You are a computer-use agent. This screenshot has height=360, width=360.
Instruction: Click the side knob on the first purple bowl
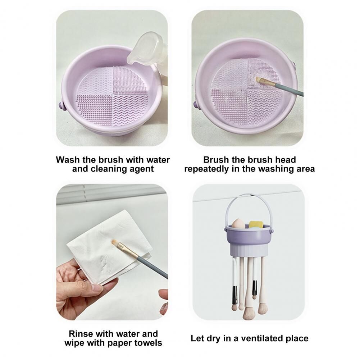point(62,106)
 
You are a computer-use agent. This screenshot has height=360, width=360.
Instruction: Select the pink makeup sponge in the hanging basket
point(238,224)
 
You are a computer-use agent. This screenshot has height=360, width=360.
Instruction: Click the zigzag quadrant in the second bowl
point(264,108)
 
